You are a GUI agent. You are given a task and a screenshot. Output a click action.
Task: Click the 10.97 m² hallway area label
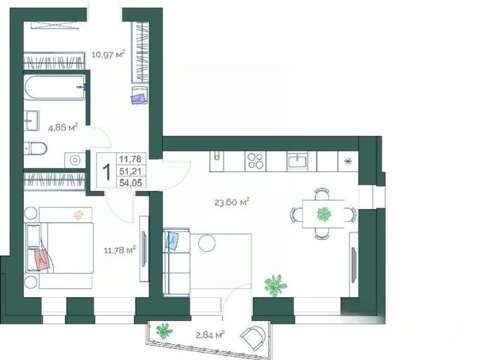109,55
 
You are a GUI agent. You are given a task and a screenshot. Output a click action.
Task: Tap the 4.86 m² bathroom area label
63,127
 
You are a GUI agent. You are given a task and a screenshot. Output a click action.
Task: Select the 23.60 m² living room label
232,202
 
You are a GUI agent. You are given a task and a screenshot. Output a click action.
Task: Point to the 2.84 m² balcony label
210,334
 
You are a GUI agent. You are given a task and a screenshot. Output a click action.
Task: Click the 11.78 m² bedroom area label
120,250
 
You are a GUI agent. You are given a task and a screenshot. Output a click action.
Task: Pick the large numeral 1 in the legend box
106,172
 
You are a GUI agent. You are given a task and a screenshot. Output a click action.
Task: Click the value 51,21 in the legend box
130,172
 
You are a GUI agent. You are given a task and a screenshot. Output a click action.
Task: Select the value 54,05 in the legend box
130,183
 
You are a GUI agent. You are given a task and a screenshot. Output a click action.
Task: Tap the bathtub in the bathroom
55,88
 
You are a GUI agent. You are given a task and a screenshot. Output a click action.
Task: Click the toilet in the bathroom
35,149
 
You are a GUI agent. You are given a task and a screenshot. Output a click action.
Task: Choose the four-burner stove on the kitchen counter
255,161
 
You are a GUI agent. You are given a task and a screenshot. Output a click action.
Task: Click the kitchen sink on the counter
297,161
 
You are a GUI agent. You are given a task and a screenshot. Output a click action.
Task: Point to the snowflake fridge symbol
348,161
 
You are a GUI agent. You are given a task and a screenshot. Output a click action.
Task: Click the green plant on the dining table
324,214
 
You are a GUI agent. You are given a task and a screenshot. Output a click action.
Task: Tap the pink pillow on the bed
42,260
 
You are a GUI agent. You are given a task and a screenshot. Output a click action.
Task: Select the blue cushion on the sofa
172,241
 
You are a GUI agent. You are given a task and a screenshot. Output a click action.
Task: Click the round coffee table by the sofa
207,243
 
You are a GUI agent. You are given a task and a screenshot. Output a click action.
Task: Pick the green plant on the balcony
164,331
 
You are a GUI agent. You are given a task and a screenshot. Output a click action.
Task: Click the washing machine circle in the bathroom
75,160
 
